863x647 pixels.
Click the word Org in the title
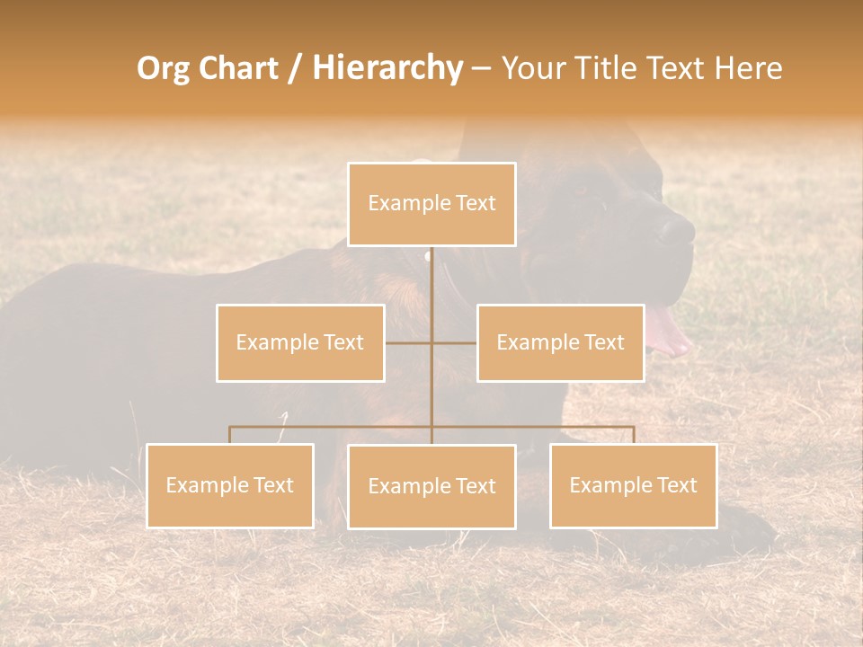click(x=163, y=68)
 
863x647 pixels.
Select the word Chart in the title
click(x=234, y=68)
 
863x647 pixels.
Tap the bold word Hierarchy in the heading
click(x=387, y=68)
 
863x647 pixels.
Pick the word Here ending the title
click(x=748, y=68)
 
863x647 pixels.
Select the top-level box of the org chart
click(x=431, y=204)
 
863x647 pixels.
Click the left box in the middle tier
click(x=300, y=342)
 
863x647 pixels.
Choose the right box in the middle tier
click(x=560, y=342)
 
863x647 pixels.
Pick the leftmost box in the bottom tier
click(x=230, y=485)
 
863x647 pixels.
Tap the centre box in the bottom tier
click(x=431, y=486)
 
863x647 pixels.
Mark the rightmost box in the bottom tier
click(x=634, y=485)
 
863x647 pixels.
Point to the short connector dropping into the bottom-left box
click(x=230, y=435)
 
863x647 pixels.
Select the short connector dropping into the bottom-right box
click(x=634, y=435)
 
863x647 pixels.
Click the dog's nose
click(x=677, y=231)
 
